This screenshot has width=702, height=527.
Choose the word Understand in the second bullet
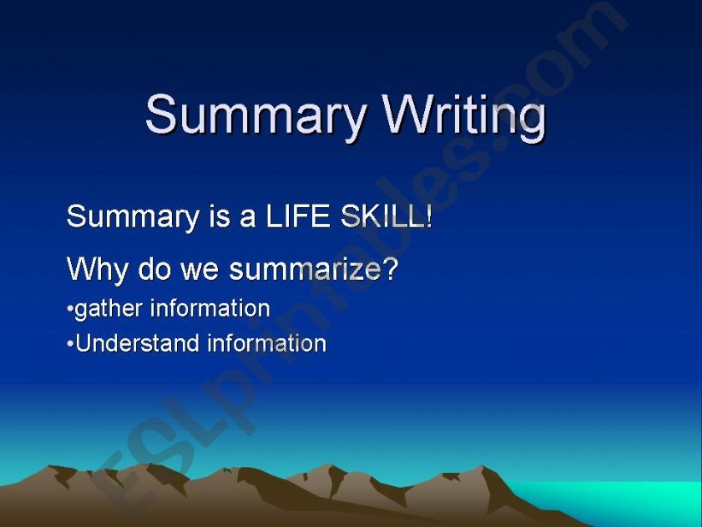(136, 344)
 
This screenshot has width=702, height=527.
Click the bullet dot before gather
(70, 309)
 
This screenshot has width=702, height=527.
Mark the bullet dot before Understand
(70, 345)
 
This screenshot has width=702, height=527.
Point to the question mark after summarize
(390, 269)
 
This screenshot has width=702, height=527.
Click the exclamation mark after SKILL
(428, 216)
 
